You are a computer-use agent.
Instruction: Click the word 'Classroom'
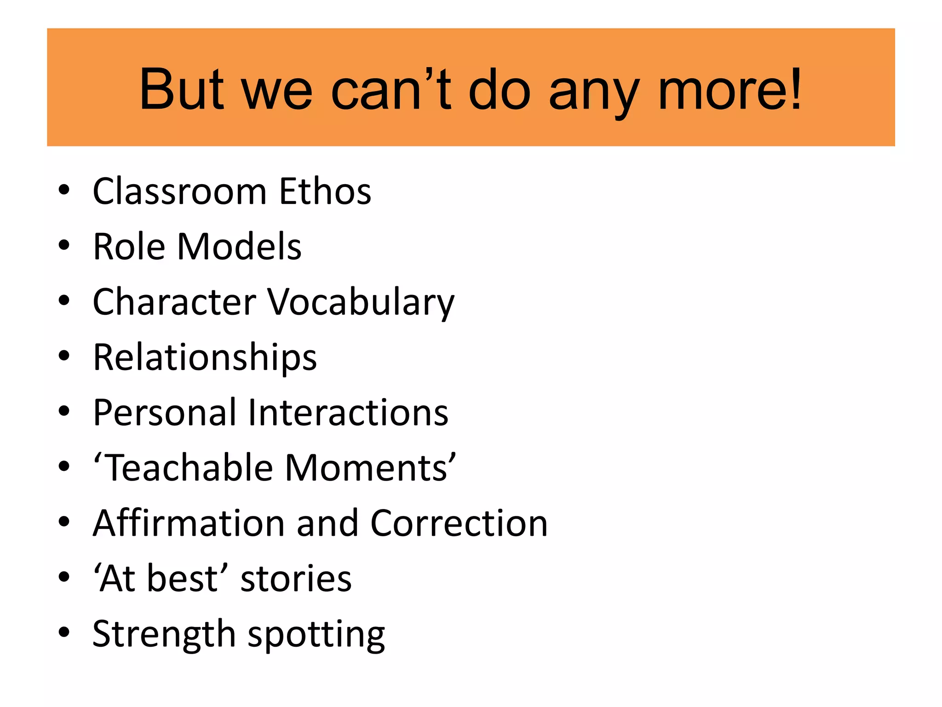pos(180,191)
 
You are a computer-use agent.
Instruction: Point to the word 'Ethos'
pos(325,191)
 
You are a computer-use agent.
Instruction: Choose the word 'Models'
pos(239,247)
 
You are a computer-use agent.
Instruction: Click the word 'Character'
pos(174,302)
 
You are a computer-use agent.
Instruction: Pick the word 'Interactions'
pos(348,412)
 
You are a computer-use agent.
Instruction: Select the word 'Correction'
pos(459,523)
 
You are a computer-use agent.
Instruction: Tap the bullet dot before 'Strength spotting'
pos(64,633)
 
